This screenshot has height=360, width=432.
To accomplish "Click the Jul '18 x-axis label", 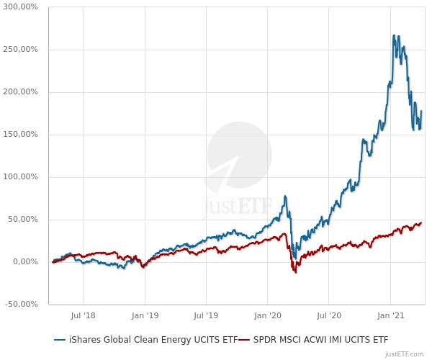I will click(x=84, y=315).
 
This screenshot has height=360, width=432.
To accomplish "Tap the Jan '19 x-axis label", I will click(x=145, y=315).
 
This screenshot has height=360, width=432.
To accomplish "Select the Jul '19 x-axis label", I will click(x=206, y=315).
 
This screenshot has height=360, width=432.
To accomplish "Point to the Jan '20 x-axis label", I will click(x=267, y=315).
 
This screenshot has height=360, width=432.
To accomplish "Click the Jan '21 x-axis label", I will click(x=390, y=315).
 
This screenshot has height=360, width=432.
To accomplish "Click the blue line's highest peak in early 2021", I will click(x=394, y=35).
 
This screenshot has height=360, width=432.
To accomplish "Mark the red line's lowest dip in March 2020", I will click(x=294, y=271).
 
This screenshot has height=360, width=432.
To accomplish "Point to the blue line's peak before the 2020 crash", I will click(x=285, y=196).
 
